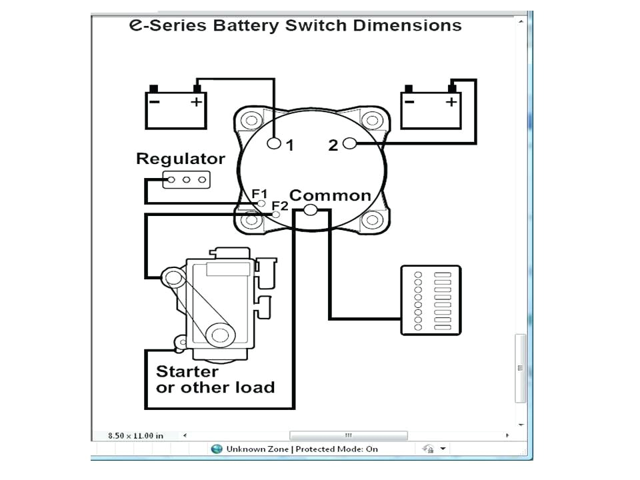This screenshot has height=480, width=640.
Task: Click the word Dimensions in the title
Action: tap(411, 26)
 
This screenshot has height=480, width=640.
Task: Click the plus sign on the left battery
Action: tap(196, 101)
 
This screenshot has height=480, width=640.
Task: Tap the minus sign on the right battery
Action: tap(409, 101)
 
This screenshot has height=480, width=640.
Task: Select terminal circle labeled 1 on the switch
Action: tap(274, 143)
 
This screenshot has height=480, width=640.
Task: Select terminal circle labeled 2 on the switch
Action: tap(349, 143)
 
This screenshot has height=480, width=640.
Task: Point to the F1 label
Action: tap(259, 193)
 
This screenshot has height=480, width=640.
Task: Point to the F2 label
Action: tap(280, 205)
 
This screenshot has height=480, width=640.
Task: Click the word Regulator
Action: tap(180, 159)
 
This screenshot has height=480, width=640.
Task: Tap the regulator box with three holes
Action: tap(186, 179)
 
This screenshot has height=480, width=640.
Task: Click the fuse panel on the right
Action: tap(431, 300)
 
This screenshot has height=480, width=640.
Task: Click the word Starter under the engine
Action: tap(187, 371)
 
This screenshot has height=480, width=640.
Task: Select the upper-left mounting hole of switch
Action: tap(251, 121)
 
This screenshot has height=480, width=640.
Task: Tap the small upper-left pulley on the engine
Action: tap(175, 277)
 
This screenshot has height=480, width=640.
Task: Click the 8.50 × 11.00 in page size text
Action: tap(135, 435)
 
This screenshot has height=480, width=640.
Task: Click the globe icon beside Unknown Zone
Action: tap(217, 449)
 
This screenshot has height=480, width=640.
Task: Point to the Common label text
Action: tap(330, 195)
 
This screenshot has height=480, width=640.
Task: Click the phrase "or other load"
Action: tap(215, 387)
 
